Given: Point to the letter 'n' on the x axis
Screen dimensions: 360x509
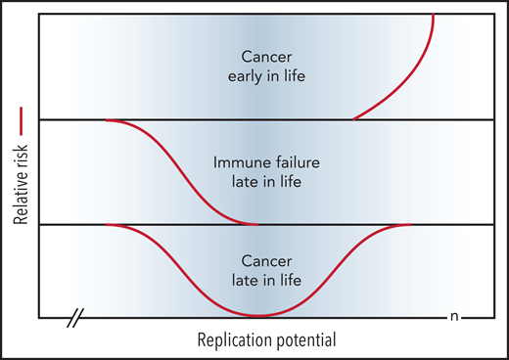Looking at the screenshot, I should click(454, 317).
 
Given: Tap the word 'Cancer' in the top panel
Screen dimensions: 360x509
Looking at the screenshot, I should click(255, 58).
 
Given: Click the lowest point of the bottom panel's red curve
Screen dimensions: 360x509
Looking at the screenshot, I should click(256, 316).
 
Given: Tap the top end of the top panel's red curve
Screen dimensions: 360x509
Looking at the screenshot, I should click(434, 17).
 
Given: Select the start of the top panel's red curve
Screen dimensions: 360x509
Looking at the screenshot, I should click(353, 119).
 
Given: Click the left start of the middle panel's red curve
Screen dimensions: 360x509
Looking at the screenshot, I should click(105, 120).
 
